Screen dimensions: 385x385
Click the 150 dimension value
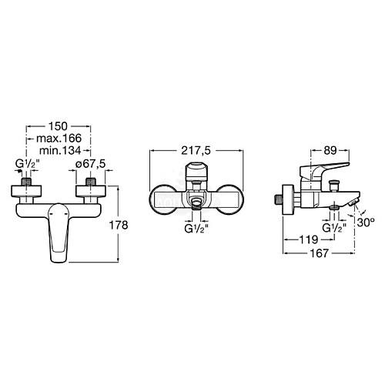point(58,126)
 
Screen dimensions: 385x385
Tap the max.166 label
point(59,139)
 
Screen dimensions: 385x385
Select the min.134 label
point(60,150)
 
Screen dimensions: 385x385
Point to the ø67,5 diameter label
point(90,164)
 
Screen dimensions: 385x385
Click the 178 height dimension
point(119,226)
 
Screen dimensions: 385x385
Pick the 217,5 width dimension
point(196,151)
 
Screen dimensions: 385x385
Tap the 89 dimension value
point(330,151)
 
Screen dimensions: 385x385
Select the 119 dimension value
point(309,239)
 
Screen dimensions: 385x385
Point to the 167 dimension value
point(320,253)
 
